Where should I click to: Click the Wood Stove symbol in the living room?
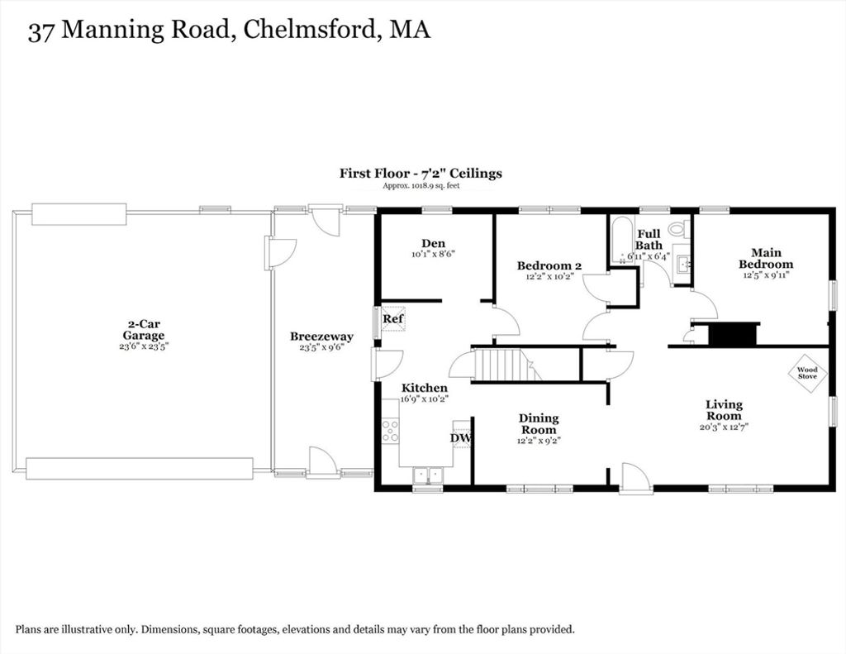point(807,373)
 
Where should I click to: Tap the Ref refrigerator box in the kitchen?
point(393,318)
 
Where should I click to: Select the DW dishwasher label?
point(460,438)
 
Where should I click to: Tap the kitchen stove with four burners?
point(391,430)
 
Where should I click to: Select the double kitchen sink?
point(428,475)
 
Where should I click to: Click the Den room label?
point(433,244)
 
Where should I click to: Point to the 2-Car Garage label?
point(143,329)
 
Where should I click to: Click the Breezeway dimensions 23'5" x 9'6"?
point(321,347)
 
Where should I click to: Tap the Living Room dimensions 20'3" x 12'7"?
point(724,427)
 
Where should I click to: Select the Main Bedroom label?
point(766,258)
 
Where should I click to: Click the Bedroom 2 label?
point(549,265)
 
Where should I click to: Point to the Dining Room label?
point(539,424)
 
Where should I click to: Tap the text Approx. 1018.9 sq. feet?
point(421,186)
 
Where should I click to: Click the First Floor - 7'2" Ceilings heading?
point(421,174)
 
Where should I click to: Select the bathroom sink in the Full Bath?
point(684,264)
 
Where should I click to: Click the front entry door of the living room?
point(635,479)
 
